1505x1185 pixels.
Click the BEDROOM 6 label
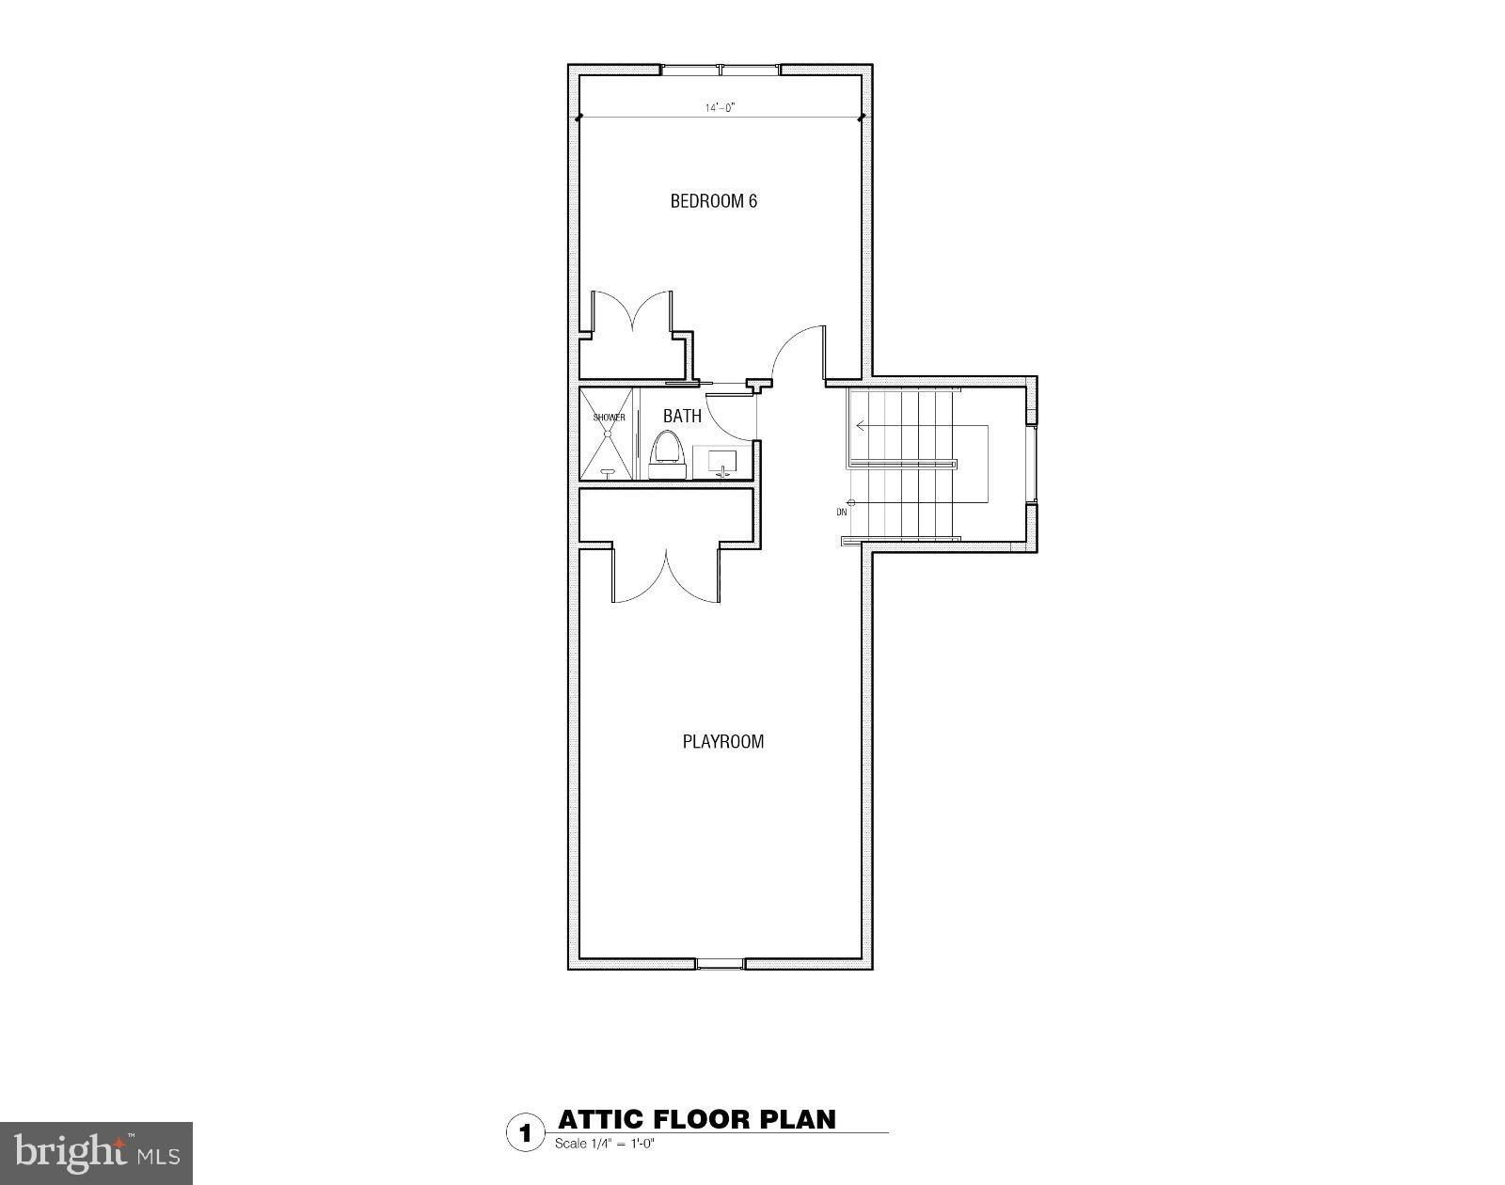point(713,201)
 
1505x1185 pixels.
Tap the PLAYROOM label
point(722,741)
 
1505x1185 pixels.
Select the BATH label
point(682,416)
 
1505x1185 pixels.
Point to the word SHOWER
point(609,418)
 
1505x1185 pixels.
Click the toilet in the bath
point(666,449)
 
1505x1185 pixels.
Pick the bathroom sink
point(722,462)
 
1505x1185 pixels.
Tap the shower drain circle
point(609,434)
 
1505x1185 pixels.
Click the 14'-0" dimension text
point(720,108)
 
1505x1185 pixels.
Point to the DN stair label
point(841,513)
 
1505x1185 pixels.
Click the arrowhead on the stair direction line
point(860,426)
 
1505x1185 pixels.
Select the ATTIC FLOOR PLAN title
point(696,1119)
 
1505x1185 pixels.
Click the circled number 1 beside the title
point(525,1131)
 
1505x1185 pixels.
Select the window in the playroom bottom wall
point(720,963)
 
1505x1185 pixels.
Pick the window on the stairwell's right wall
point(1032,465)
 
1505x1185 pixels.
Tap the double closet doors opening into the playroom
point(666,576)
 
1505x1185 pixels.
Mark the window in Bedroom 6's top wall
point(721,70)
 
